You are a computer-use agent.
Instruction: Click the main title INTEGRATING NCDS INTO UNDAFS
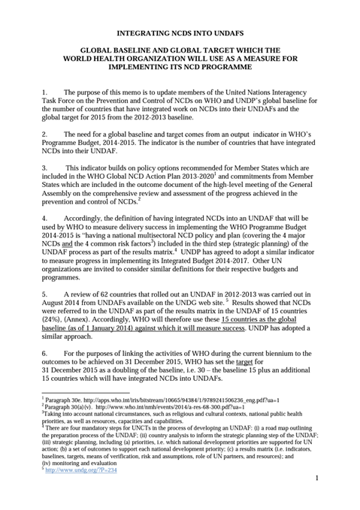(180, 34)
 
